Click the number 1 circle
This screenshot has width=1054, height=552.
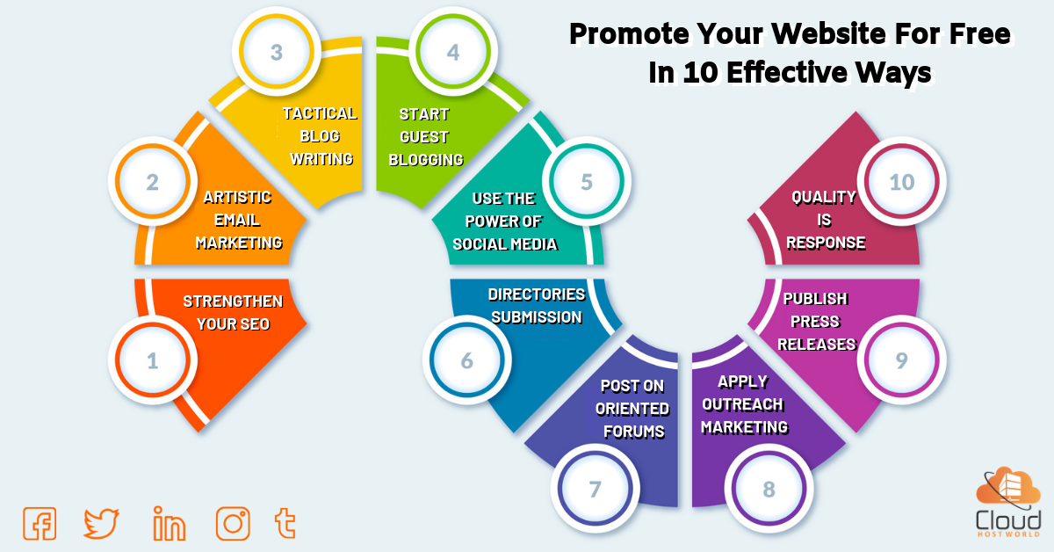153,360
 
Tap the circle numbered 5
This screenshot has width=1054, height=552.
587,182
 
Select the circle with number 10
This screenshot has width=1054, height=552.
901,182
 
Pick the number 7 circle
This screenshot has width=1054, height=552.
595,489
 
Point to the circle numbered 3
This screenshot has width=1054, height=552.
277,52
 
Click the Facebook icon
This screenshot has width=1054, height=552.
40,523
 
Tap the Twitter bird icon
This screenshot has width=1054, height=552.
101,523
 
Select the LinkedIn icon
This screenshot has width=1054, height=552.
169,523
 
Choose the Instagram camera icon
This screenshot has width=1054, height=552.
233,523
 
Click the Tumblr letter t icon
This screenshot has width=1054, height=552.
285,523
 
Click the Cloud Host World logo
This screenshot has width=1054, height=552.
1008,502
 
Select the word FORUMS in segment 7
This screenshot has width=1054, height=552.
634,431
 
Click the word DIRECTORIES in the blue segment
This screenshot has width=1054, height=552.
537,294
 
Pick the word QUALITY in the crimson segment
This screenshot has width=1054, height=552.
824,197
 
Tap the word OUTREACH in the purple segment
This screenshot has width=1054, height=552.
742,404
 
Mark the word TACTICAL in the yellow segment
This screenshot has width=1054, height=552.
320,113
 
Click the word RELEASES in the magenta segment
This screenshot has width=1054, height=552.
816,345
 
